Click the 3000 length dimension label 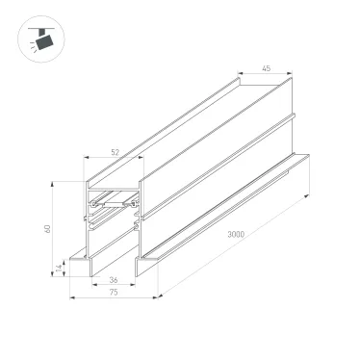[x=254, y=237]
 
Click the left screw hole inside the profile [x=93, y=205]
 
